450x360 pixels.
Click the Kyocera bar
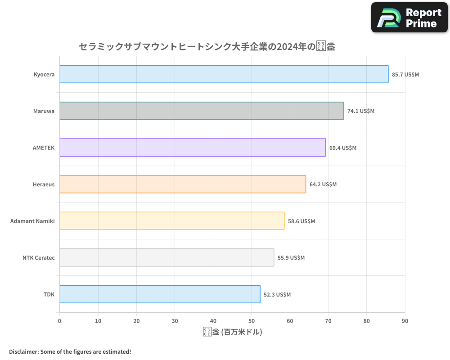(x=224, y=74)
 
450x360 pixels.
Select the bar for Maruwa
(x=202, y=111)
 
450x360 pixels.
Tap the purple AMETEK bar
(x=193, y=147)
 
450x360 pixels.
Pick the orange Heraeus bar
(x=183, y=184)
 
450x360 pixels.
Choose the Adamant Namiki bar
(x=172, y=220)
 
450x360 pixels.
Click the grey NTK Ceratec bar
(x=166, y=257)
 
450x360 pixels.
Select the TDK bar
(x=160, y=294)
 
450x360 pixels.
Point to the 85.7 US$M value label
(x=405, y=74)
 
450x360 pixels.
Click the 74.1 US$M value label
(x=360, y=111)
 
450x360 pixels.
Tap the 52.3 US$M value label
(x=277, y=295)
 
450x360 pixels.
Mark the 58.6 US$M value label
(x=301, y=221)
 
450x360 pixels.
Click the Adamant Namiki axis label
(x=32, y=221)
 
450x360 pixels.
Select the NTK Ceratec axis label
(x=39, y=258)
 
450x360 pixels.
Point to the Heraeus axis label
(x=44, y=184)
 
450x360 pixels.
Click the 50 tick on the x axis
(x=252, y=321)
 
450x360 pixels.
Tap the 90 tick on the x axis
(x=405, y=321)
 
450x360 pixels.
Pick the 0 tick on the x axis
(x=59, y=321)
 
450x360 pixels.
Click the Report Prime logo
(x=409, y=18)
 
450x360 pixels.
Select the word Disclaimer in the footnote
(x=23, y=351)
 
